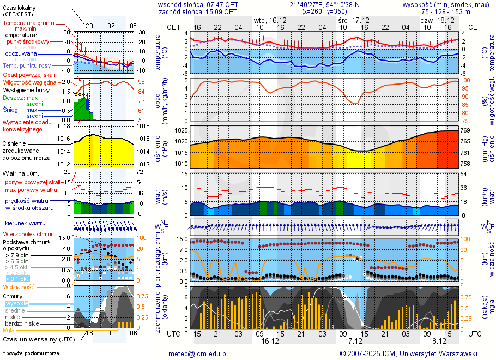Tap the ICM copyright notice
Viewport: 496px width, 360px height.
click(x=408, y=353)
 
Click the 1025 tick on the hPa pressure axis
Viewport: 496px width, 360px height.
click(x=182, y=131)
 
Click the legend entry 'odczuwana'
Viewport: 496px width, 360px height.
click(x=21, y=53)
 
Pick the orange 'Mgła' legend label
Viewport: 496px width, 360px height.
click(x=9, y=330)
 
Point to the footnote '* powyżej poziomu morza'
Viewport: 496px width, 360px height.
click(x=31, y=353)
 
